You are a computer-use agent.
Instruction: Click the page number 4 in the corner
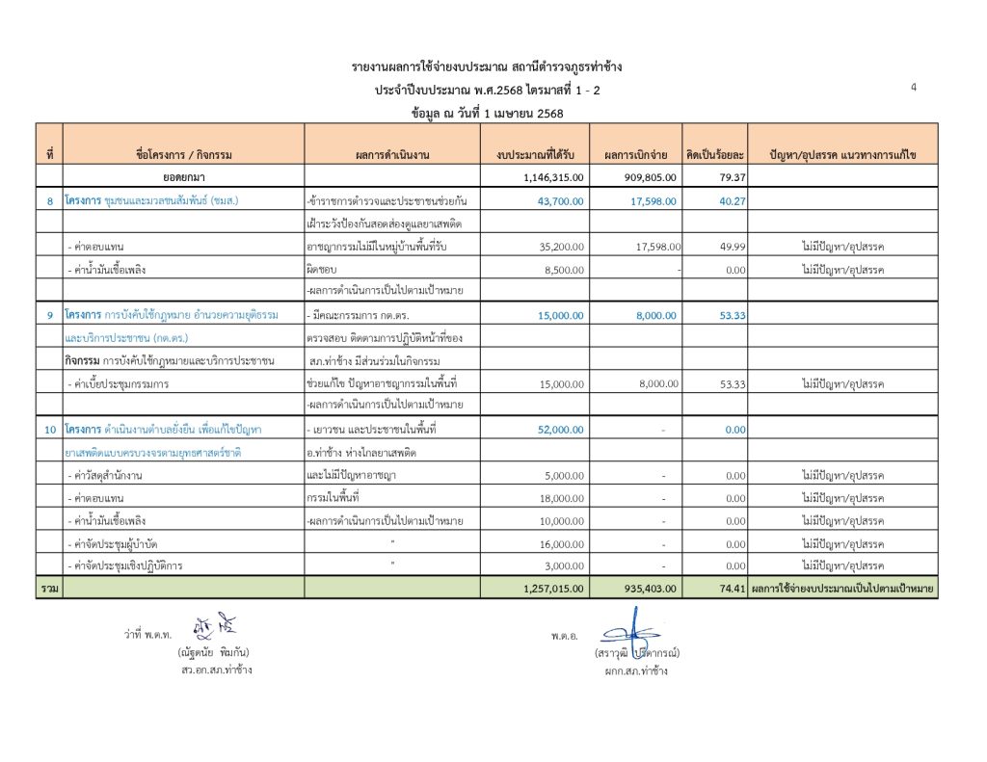(913, 88)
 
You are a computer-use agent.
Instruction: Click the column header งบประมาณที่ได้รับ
(535, 154)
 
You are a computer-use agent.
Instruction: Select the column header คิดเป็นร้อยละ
(714, 154)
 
